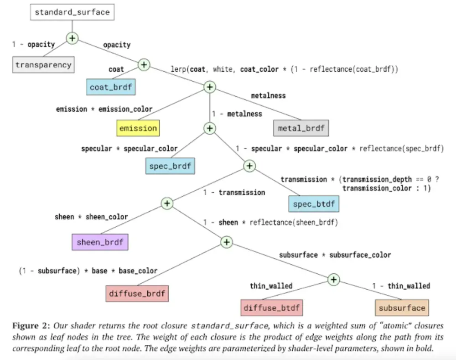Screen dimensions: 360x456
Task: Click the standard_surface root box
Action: pyautogui.click(x=73, y=12)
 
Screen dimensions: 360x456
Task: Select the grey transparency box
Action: pyautogui.click(x=43, y=65)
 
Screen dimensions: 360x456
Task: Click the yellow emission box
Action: pyautogui.click(x=138, y=128)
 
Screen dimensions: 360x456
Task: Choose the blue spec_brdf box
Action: pyautogui.click(x=171, y=166)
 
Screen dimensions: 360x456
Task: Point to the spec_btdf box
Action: pyautogui.click(x=314, y=204)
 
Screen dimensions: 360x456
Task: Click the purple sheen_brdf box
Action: pyautogui.click(x=100, y=242)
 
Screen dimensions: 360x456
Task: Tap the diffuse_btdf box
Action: pyautogui.click(x=272, y=308)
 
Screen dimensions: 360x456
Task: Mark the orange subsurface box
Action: pyautogui.click(x=402, y=308)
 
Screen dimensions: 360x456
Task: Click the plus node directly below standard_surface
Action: pyautogui.click(x=72, y=38)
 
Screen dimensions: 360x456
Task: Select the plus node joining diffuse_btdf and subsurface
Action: pyautogui.click(x=334, y=279)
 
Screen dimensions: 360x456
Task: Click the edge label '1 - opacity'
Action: pyautogui.click(x=33, y=45)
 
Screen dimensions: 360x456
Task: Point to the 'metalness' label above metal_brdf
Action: pyautogui.click(x=268, y=95)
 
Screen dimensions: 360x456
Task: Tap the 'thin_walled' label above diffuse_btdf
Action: pyautogui.click(x=271, y=286)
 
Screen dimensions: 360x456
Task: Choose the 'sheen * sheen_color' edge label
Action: pyautogui.click(x=91, y=217)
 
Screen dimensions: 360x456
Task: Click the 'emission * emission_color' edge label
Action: pyautogui.click(x=104, y=110)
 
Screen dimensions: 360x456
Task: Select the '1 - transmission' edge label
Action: pyautogui.click(x=234, y=193)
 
